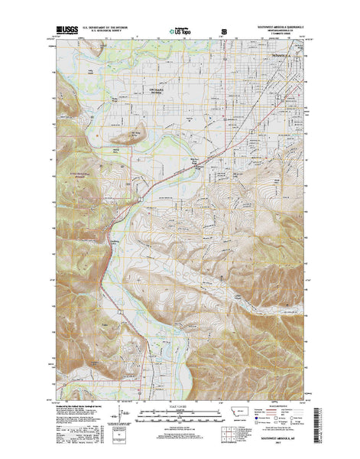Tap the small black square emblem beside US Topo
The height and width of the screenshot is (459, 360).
225,32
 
